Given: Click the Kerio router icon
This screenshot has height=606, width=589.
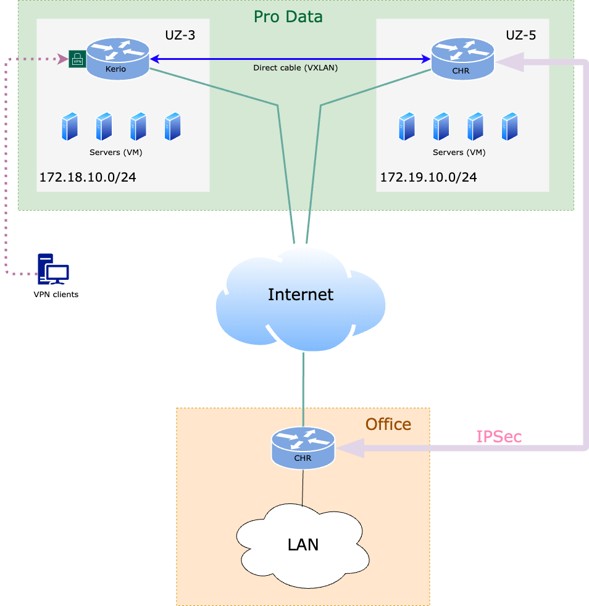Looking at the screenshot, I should click(x=118, y=59).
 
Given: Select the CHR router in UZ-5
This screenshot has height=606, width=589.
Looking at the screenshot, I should click(x=462, y=59).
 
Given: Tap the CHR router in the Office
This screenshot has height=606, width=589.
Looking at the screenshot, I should click(x=303, y=447).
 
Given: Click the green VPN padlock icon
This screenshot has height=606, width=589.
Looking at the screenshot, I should click(x=77, y=59).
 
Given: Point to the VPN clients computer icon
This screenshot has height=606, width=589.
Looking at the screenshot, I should click(x=53, y=270).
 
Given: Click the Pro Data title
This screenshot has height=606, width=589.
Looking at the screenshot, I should click(x=288, y=16).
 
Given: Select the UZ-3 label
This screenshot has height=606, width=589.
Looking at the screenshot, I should click(x=180, y=35).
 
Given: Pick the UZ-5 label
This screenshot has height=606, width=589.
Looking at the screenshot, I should click(x=520, y=35).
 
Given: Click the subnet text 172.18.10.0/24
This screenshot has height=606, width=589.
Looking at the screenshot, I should click(x=88, y=177).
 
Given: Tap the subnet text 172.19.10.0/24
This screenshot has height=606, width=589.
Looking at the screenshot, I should click(x=428, y=177).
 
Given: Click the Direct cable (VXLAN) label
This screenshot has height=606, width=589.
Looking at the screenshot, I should click(x=295, y=68).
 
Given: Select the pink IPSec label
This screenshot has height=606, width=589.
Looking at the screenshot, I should click(x=499, y=437).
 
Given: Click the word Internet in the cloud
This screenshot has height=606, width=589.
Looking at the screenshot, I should click(x=301, y=295).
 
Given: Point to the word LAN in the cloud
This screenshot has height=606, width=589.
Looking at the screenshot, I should click(x=303, y=544).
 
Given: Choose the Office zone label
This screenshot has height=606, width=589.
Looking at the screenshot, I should click(x=388, y=424).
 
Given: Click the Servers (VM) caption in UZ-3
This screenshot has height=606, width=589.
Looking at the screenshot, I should click(x=115, y=152).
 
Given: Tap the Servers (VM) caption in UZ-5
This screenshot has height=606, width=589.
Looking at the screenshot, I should click(x=459, y=152).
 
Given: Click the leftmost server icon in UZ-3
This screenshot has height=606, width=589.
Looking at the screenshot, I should click(x=70, y=127).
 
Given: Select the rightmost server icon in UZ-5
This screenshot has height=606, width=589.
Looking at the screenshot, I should click(x=509, y=127).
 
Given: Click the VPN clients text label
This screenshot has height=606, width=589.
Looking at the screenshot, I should click(x=56, y=295).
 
